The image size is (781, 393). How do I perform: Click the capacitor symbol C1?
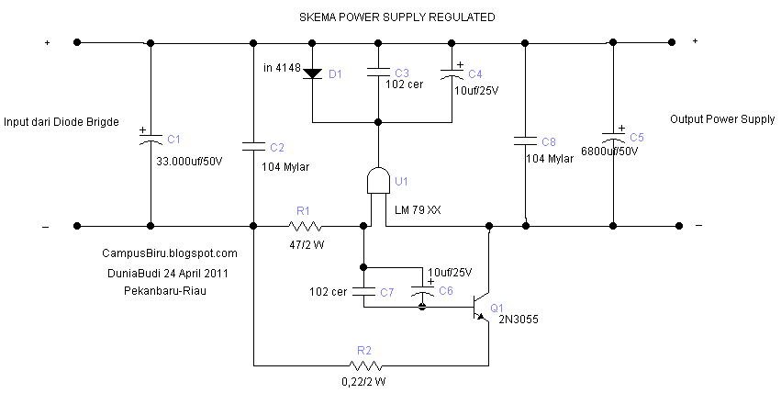pyautogui.click(x=149, y=140)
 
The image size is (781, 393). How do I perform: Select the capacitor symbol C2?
pyautogui.click(x=252, y=145)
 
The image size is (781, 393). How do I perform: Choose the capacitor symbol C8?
pyautogui.click(x=524, y=140)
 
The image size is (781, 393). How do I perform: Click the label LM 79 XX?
pyautogui.click(x=417, y=211)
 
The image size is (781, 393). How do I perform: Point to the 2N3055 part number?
pyautogui.click(x=519, y=320)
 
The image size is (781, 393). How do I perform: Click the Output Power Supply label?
pyautogui.click(x=722, y=119)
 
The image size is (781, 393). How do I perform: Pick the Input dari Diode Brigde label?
pyautogui.click(x=61, y=121)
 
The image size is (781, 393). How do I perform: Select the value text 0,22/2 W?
pyautogui.click(x=364, y=381)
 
